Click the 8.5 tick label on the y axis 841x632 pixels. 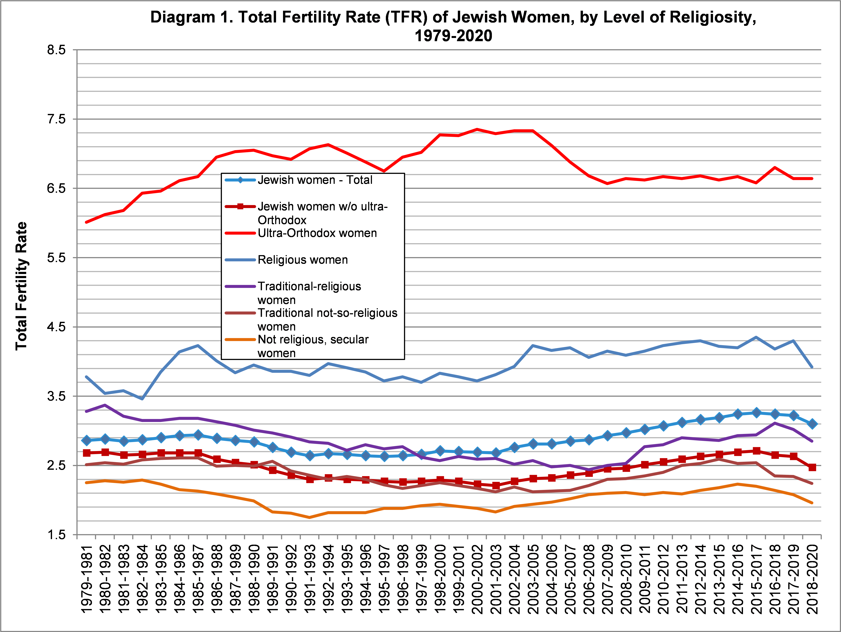(x=56, y=50)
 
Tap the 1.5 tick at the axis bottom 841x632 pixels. (x=56, y=535)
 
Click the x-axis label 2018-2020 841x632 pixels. (x=812, y=579)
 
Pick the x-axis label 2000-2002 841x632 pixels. (x=478, y=579)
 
